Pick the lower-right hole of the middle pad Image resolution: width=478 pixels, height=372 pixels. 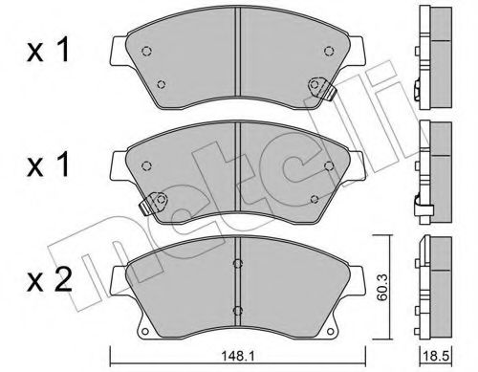315,199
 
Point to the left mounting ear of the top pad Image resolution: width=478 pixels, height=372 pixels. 118,48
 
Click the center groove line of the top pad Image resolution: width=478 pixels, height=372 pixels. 237,67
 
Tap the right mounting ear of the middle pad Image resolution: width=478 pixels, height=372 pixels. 358,160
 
